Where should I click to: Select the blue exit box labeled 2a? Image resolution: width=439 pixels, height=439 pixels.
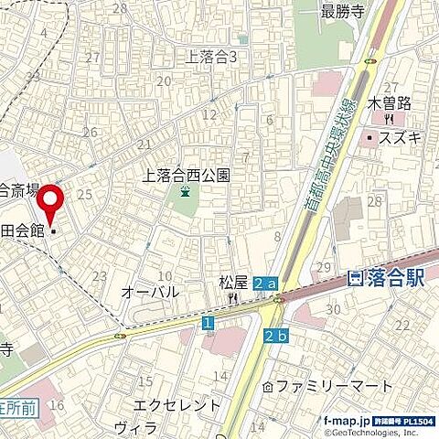pyautogui.click(x=266, y=284)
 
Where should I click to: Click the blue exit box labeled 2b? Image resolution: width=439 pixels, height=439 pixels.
pyautogui.click(x=276, y=337)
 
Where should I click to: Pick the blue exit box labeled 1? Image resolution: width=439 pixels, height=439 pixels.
pyautogui.click(x=209, y=323)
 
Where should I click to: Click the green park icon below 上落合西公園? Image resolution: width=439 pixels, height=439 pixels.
pyautogui.click(x=187, y=192)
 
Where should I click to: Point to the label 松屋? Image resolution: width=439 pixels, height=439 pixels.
pyautogui.click(x=233, y=283)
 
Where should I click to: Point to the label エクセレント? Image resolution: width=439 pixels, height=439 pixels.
pyautogui.click(x=177, y=404)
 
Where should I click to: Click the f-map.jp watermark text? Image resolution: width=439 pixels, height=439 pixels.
pyautogui.click(x=347, y=420)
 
